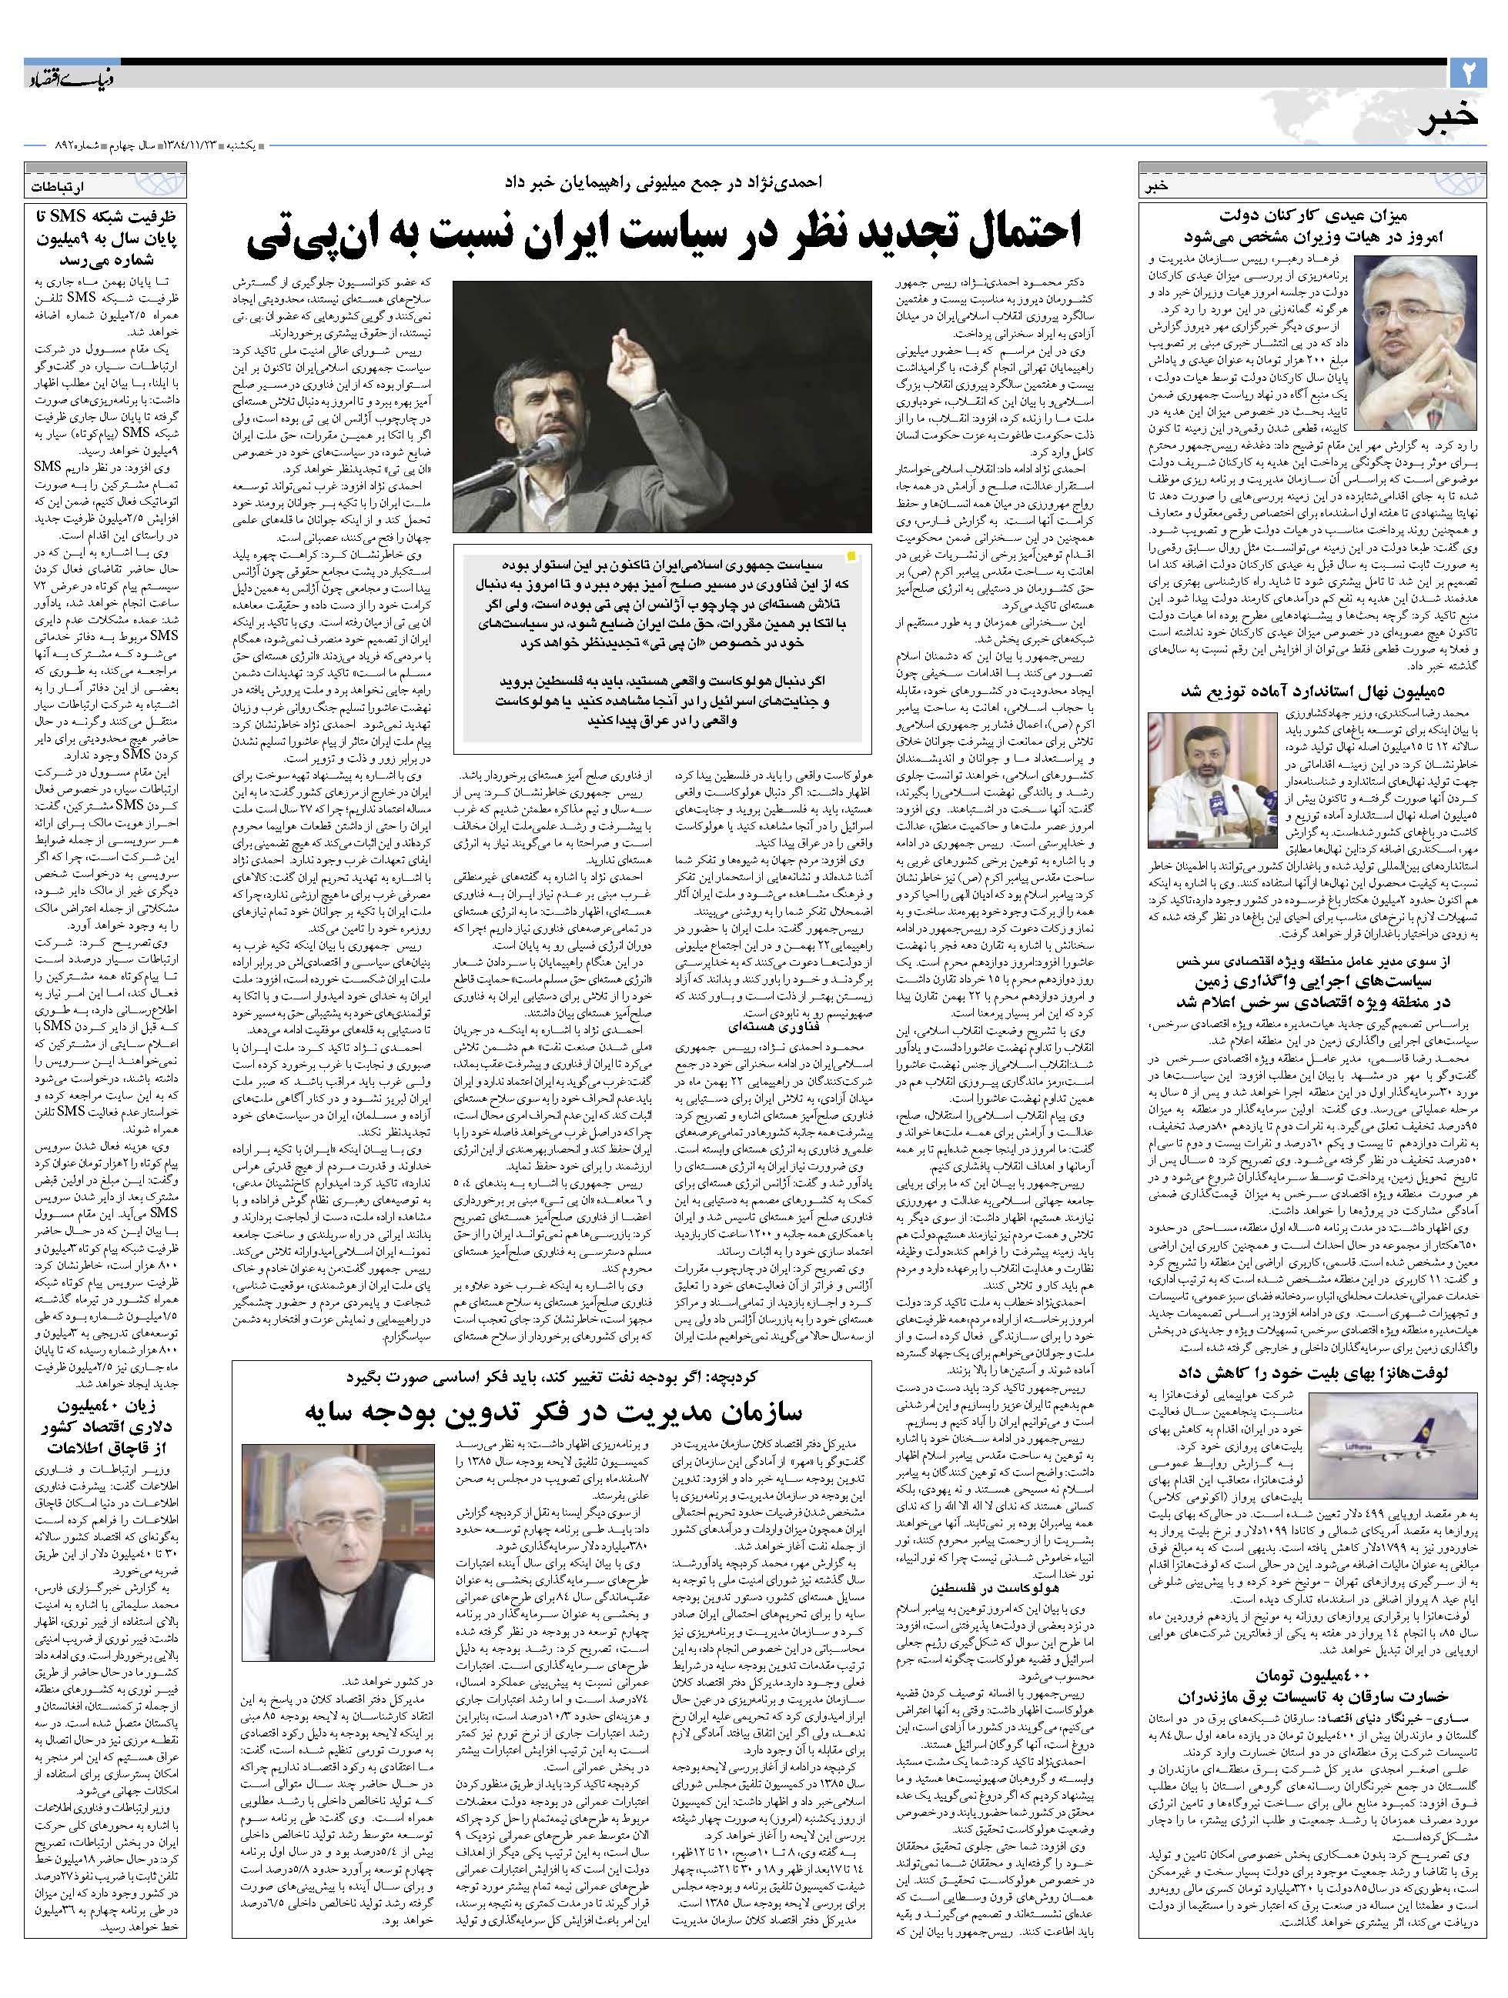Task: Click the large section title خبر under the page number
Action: (1451, 120)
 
